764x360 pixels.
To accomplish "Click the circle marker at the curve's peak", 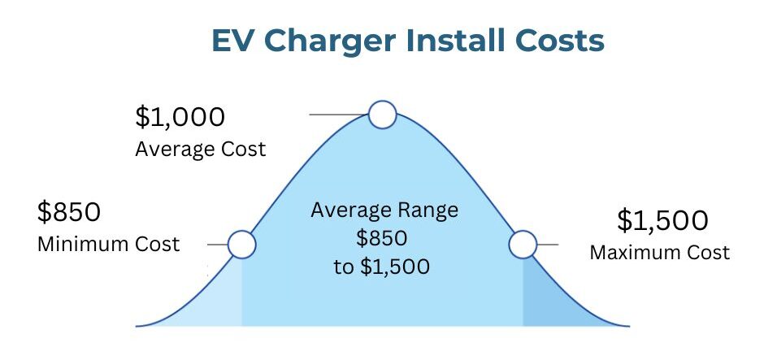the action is click(x=383, y=115).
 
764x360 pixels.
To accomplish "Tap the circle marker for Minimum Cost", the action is click(x=241, y=244).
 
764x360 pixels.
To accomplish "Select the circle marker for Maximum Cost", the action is click(x=523, y=244).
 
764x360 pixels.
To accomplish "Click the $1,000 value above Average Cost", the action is click(x=180, y=117).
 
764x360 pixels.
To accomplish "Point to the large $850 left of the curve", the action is click(x=69, y=212).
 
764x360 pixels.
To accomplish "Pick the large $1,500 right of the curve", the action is click(x=662, y=220).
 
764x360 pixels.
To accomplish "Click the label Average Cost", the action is click(x=201, y=149).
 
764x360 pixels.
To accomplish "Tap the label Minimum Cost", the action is click(x=109, y=244).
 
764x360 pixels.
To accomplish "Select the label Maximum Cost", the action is click(x=660, y=253).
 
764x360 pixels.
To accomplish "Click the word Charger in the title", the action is click(x=330, y=41).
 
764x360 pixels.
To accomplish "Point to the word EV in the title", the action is click(x=234, y=41).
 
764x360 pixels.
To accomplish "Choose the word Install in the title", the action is click(x=454, y=41).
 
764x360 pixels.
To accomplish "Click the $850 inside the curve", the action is click(x=381, y=239).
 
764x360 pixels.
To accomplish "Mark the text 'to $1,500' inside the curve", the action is click(x=381, y=267).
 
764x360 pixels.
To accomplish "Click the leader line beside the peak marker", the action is click(x=339, y=115).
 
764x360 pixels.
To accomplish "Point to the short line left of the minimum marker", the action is click(x=217, y=245).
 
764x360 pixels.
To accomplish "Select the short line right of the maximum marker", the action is click(x=548, y=245).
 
